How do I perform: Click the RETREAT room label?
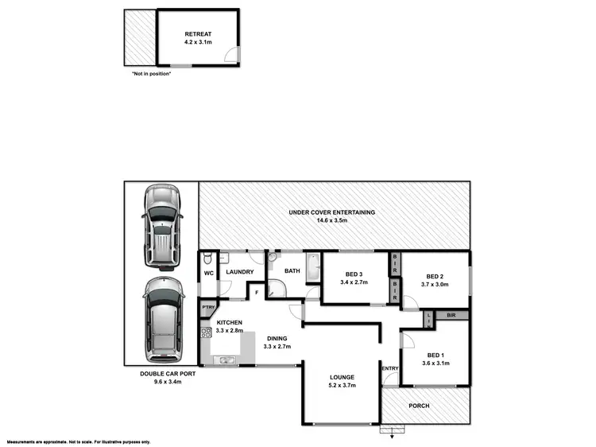[x=198, y=34]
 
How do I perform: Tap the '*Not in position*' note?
[x=151, y=73]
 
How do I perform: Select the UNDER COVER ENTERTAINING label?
[x=332, y=212]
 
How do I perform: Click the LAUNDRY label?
[x=239, y=272]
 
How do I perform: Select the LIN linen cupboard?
[x=430, y=319]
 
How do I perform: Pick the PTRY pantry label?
[x=208, y=308]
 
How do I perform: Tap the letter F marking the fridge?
[x=257, y=293]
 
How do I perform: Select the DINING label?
[x=277, y=338]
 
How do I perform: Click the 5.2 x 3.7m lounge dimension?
[x=343, y=385]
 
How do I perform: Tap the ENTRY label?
[x=390, y=368]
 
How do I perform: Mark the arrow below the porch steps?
[x=389, y=433]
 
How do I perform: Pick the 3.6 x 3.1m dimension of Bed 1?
[x=436, y=363]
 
